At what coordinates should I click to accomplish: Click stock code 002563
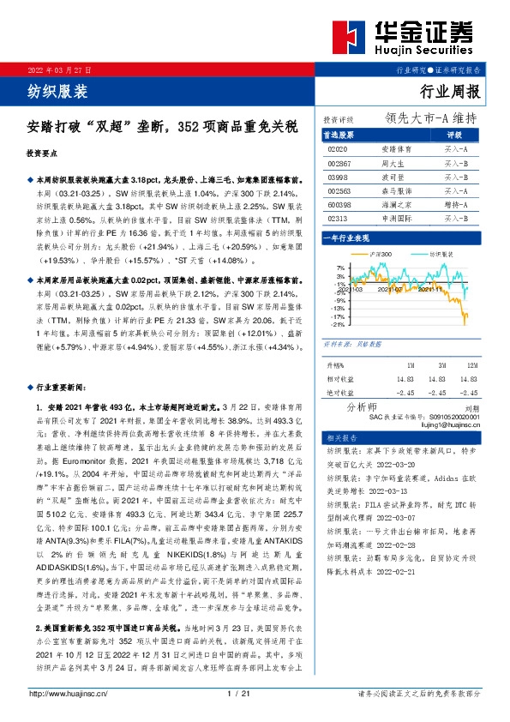(340, 190)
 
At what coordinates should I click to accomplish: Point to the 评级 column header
(454, 135)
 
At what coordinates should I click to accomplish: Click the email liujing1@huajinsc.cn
(449, 424)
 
